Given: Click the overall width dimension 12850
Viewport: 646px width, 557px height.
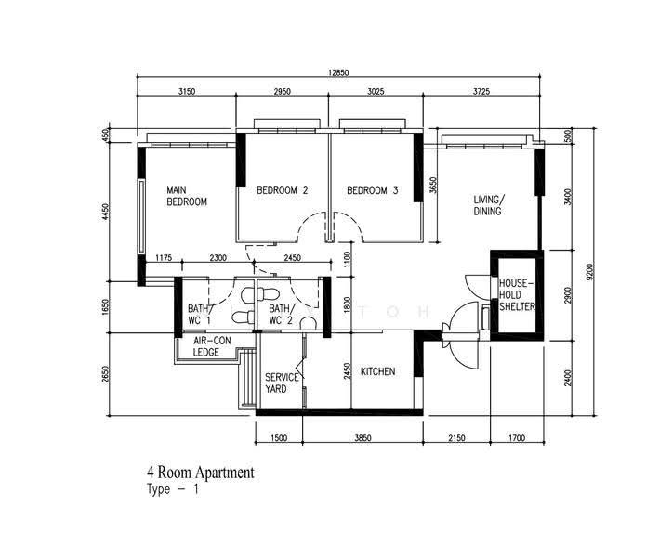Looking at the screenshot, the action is [338, 72].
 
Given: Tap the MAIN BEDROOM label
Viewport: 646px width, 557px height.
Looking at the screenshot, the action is [187, 196].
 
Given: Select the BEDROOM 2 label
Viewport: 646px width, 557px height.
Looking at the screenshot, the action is [283, 190].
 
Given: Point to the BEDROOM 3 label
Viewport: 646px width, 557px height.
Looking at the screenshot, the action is [373, 190].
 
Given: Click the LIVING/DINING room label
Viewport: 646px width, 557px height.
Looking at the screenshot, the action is [488, 205].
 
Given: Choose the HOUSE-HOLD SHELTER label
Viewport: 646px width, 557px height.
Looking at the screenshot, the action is [517, 295].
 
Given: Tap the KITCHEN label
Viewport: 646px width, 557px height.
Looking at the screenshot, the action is [377, 371].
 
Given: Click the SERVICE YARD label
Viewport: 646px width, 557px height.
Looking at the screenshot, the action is [282, 383].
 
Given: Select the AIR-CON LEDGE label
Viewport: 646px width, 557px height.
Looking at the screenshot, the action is [212, 346].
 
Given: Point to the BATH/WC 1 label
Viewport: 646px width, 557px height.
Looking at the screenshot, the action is [201, 315].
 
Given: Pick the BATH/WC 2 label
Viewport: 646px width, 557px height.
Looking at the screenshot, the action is [283, 315].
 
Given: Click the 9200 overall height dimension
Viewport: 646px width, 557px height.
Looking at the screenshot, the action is [589, 272].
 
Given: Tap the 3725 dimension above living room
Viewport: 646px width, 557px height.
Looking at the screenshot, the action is [481, 91].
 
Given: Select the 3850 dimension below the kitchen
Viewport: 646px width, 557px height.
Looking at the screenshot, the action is [363, 438].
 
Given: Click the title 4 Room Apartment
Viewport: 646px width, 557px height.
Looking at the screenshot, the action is [201, 473].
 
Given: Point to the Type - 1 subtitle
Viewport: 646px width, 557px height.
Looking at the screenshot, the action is [173, 489].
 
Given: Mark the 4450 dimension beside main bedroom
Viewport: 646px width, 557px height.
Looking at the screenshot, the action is [106, 212].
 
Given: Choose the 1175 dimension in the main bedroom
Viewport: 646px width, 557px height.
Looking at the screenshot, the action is [164, 258].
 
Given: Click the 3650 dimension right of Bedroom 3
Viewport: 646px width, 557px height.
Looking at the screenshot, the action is [432, 185].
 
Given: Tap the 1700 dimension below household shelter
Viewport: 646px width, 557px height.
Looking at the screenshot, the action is [517, 438].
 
